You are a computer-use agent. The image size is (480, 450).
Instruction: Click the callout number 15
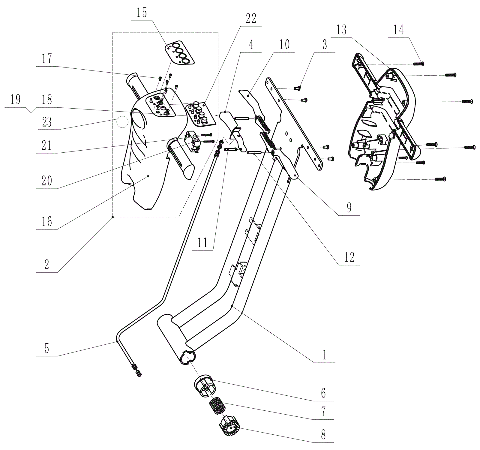pos(142,13)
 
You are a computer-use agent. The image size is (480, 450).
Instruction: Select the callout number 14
pos(398,30)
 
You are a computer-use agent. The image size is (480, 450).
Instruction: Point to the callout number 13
pos(341,30)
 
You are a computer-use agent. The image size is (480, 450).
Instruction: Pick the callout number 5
pos(46,349)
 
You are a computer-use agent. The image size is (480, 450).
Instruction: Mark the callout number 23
pos(47,122)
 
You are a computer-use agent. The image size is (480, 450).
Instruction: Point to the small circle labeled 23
pos(122,122)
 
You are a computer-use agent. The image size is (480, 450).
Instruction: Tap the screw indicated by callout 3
pos(298,88)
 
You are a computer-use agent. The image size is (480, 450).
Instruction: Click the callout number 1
pos(324,355)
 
